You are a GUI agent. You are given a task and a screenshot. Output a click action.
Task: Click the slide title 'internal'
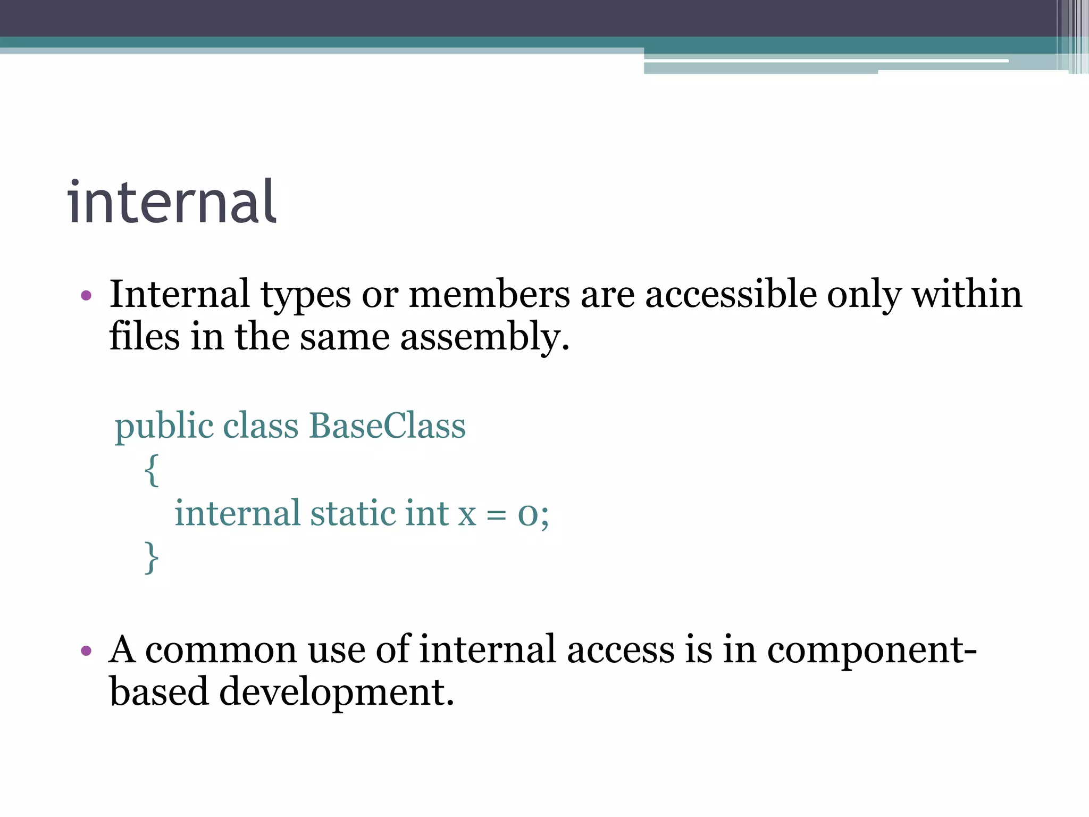(172, 203)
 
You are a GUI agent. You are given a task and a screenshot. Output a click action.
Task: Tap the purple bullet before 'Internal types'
(86, 295)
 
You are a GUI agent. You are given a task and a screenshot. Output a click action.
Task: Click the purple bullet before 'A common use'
(86, 650)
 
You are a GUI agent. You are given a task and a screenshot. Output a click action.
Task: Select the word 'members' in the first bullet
(489, 294)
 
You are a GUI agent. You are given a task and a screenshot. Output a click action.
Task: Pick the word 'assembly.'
(484, 338)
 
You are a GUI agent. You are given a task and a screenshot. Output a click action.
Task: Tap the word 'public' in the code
(163, 427)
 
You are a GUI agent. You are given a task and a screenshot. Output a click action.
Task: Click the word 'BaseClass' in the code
(387, 426)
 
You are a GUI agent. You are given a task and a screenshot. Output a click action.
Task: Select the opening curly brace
(152, 470)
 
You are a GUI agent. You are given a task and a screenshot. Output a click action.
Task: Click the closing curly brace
(152, 557)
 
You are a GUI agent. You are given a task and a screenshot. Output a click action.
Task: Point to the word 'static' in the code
(353, 513)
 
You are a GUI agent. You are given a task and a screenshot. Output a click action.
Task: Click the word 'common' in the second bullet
(221, 650)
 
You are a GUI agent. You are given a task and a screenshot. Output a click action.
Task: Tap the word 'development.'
(337, 693)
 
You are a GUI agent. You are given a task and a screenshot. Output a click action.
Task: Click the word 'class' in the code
(261, 426)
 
